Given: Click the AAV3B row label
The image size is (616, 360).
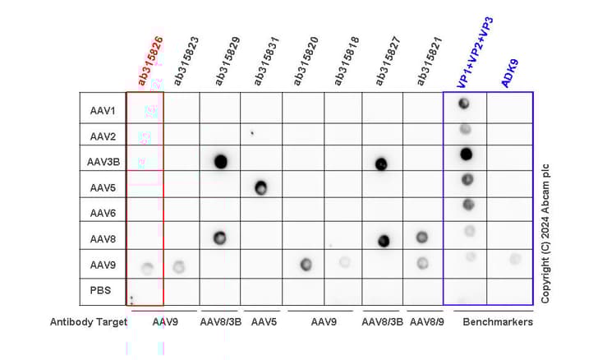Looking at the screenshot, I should [105, 162].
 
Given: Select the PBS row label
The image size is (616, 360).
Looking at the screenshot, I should [102, 290].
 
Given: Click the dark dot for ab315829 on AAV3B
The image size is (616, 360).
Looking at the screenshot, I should [220, 161].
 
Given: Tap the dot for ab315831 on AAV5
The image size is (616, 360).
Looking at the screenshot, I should [260, 187].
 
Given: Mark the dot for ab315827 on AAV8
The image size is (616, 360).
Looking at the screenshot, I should [384, 241].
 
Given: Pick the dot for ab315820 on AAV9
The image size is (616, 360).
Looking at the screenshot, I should [306, 264].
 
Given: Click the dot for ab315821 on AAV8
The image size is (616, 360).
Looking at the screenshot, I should [422, 238].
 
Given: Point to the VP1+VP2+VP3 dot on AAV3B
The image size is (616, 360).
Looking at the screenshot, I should [466, 153].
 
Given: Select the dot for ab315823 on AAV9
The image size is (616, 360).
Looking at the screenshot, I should [179, 266].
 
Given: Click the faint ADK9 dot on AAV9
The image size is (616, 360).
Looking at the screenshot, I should [514, 259].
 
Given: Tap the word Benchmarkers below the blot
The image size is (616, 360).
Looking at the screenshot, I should [498, 322].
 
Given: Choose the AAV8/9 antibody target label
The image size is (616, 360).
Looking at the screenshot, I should [425, 322].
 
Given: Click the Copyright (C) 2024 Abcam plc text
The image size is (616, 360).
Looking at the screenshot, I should [544, 230].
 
